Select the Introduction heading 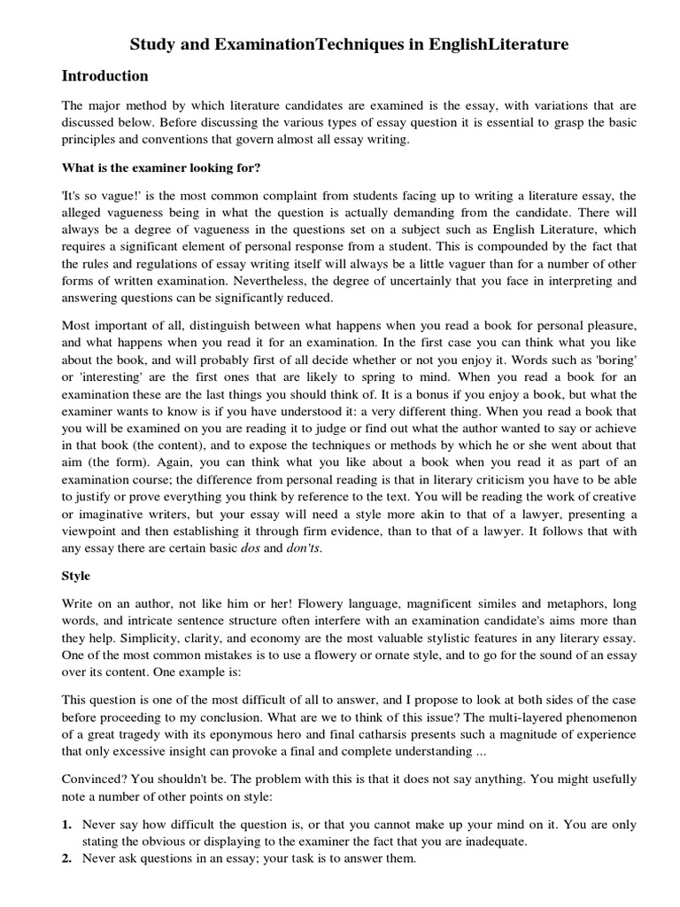coord(105,75)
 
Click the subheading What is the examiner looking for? coord(160,167)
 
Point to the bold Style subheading coord(76,575)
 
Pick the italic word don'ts coord(302,547)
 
